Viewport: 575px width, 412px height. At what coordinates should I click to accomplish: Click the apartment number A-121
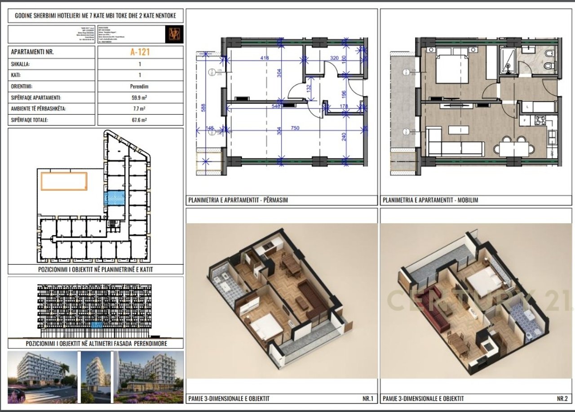click(x=140, y=52)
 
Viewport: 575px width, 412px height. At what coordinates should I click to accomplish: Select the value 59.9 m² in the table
click(x=140, y=98)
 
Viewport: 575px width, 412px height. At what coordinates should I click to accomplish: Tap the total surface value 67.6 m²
click(x=140, y=120)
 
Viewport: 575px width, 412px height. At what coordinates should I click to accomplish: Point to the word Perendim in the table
click(x=140, y=86)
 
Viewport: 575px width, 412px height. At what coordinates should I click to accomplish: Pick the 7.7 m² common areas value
click(x=140, y=109)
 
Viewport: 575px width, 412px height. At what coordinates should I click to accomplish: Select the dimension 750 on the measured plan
click(x=295, y=128)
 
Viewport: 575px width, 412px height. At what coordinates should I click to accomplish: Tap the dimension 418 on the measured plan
click(x=265, y=58)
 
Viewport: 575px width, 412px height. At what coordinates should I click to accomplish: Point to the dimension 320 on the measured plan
click(x=334, y=58)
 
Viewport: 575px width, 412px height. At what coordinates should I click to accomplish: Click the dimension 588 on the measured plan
click(x=203, y=107)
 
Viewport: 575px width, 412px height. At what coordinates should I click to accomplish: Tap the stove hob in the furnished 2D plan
click(x=539, y=121)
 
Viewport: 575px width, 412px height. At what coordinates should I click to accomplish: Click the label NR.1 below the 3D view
click(x=367, y=399)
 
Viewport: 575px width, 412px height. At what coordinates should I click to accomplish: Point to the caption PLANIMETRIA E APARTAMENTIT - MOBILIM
click(x=430, y=200)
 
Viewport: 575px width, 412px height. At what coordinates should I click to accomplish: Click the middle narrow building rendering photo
click(x=96, y=377)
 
